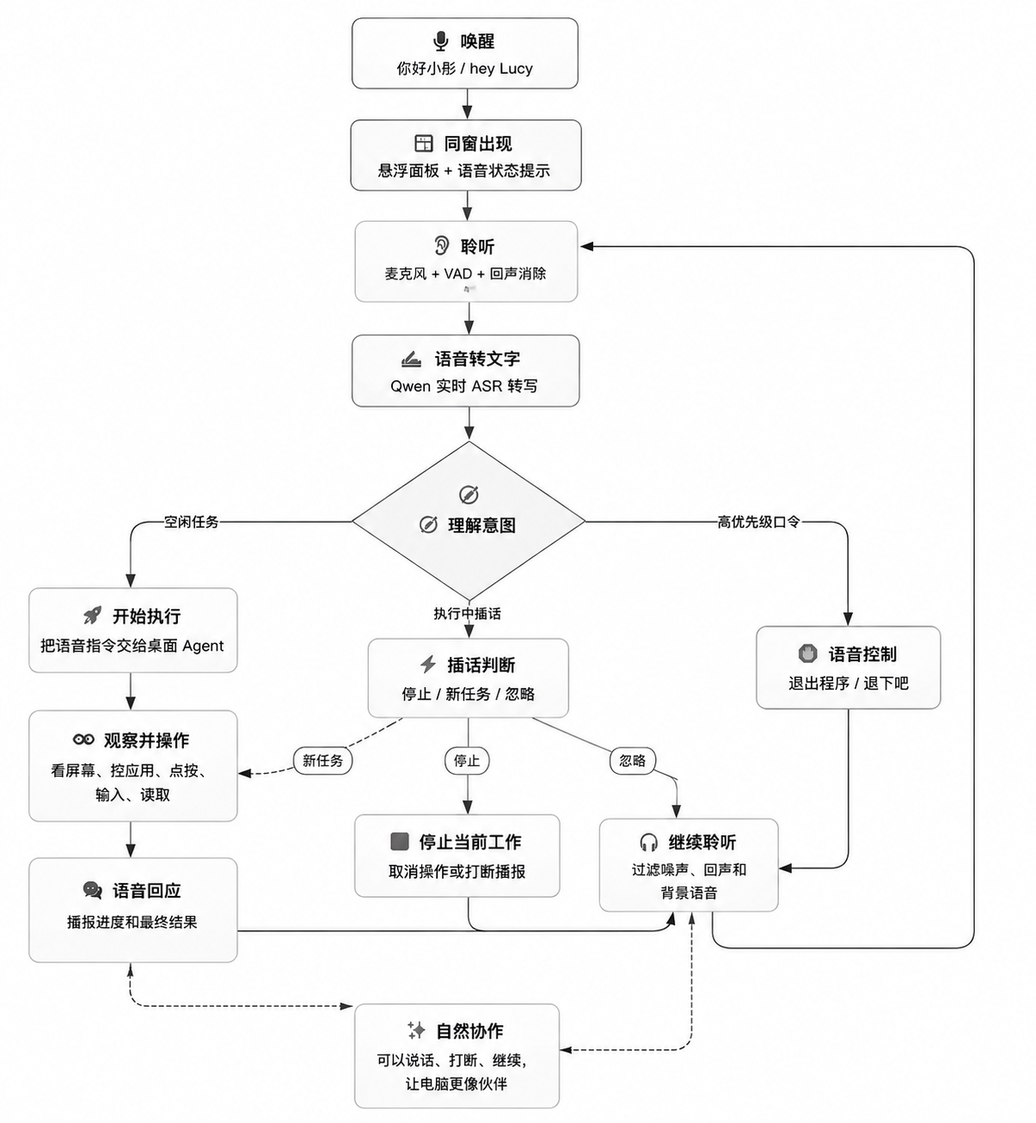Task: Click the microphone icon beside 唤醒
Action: pos(440,41)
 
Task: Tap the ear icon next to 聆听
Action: pos(441,246)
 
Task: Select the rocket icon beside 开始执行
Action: pos(93,615)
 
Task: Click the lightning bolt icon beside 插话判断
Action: pos(428,665)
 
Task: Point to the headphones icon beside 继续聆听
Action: pos(648,843)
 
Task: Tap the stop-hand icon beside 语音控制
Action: pos(808,654)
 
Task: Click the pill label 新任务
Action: pos(323,760)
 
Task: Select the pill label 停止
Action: pos(467,760)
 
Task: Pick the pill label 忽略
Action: pos(632,760)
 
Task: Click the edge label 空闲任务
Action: pos(191,522)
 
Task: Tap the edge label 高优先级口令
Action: pos(759,522)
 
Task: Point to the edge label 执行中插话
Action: pos(467,613)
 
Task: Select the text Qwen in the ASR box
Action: pos(411,386)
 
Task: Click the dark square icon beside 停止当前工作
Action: pos(399,842)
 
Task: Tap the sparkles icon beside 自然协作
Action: pos(416,1030)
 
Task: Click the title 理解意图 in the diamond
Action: pos(481,525)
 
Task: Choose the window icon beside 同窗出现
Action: pos(424,144)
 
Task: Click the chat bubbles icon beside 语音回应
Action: pos(93,890)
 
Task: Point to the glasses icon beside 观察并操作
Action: pos(83,739)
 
